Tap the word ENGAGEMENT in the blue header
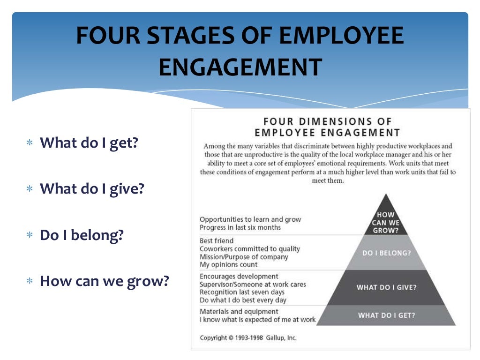tap(240, 67)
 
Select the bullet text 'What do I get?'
tap(89, 142)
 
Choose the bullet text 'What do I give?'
tap(92, 188)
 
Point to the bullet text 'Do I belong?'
tap(82, 235)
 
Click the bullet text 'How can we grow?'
tap(104, 281)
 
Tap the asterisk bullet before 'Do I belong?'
tap(30, 235)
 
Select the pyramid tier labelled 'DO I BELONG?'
tap(386, 253)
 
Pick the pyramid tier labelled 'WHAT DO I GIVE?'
tap(386, 287)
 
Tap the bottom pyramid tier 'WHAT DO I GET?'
tap(386, 315)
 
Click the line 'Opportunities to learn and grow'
tap(250, 219)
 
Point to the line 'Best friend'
tap(217, 240)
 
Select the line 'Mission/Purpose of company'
tap(244, 257)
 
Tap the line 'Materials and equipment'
tap(239, 311)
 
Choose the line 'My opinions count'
tap(228, 265)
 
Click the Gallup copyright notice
tap(248, 337)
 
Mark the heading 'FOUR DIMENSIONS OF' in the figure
tap(328, 121)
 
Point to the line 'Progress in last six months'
tap(240, 227)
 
